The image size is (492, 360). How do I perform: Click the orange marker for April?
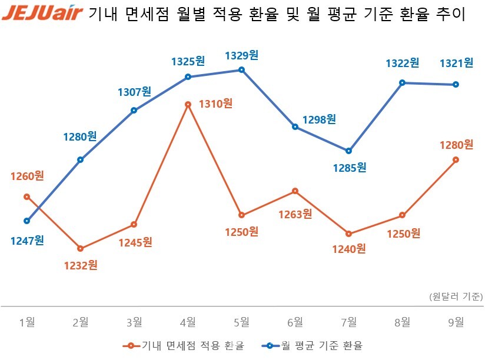[188, 105]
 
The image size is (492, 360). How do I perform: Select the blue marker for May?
[241, 70]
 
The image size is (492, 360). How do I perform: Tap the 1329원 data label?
[242, 55]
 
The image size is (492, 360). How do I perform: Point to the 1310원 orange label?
[215, 104]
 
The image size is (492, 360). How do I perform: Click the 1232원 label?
[81, 265]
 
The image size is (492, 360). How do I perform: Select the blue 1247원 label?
[27, 240]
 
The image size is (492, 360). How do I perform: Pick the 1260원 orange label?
[27, 176]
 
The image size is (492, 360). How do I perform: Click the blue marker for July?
[349, 151]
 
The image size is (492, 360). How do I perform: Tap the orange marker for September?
[456, 159]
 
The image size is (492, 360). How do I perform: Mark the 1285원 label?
[350, 168]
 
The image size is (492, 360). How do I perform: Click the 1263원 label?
[295, 214]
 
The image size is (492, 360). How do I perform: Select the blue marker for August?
[403, 83]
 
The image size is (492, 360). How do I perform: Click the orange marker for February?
[81, 249]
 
